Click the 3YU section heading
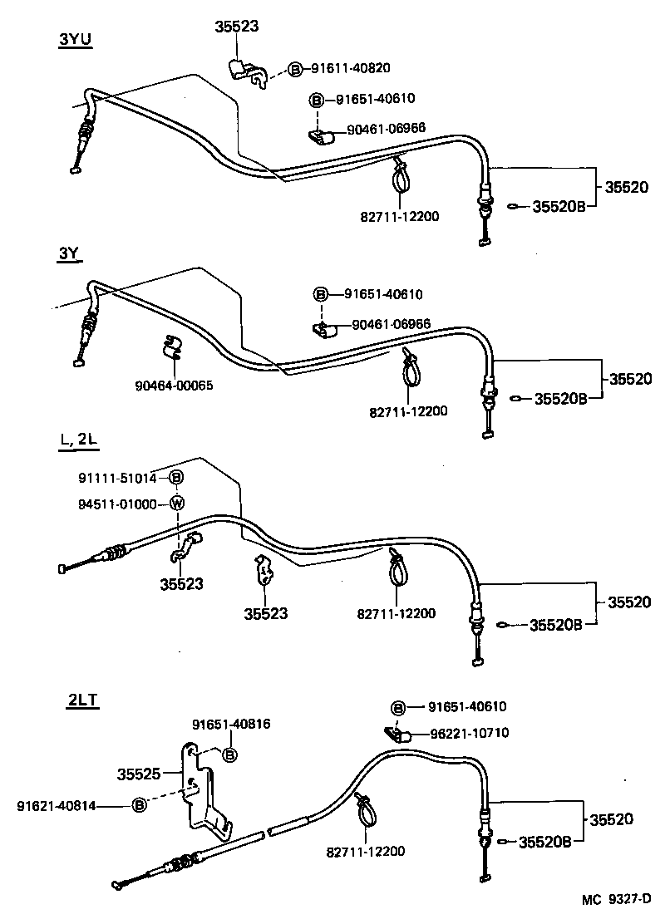[x=75, y=39]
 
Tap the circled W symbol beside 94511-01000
[x=176, y=504]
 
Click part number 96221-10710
[x=469, y=733]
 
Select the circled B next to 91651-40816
[x=230, y=754]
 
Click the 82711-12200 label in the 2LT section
[x=367, y=852]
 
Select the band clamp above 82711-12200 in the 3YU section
[x=400, y=176]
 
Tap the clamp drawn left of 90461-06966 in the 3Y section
[x=323, y=330]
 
